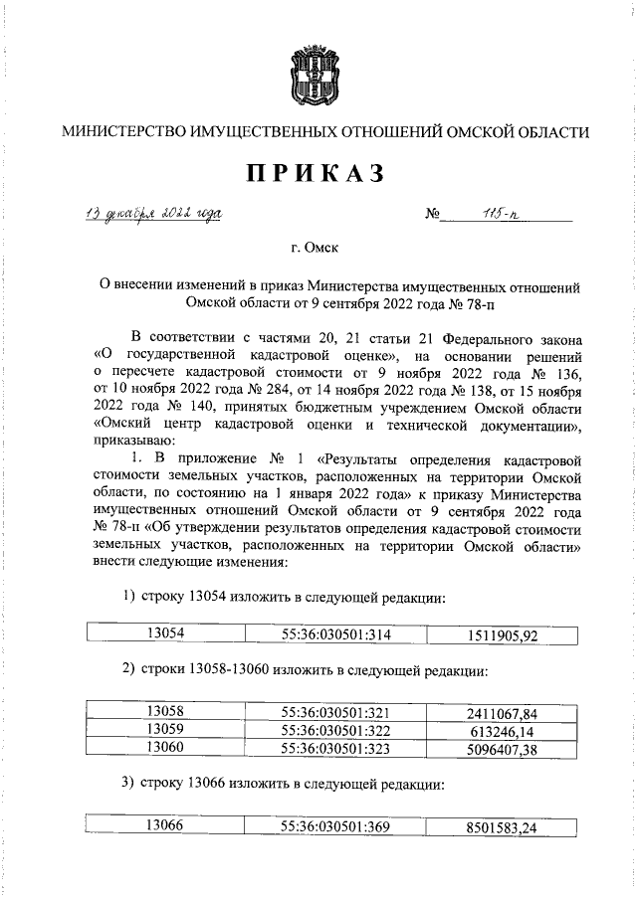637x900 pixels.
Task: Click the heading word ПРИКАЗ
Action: [317, 173]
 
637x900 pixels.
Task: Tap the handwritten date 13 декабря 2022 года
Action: [152, 213]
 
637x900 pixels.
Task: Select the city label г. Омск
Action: [317, 253]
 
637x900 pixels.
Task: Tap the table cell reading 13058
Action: [165, 711]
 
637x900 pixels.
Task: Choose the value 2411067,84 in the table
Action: [502, 712]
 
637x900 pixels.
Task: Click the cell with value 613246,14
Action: [502, 729]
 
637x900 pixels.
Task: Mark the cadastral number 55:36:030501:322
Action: [333, 729]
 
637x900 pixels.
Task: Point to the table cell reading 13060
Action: [165, 746]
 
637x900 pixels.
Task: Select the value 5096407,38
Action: [502, 747]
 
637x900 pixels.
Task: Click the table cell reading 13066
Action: [165, 824]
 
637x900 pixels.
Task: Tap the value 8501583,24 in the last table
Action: [502, 825]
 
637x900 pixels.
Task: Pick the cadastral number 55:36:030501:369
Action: [333, 824]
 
